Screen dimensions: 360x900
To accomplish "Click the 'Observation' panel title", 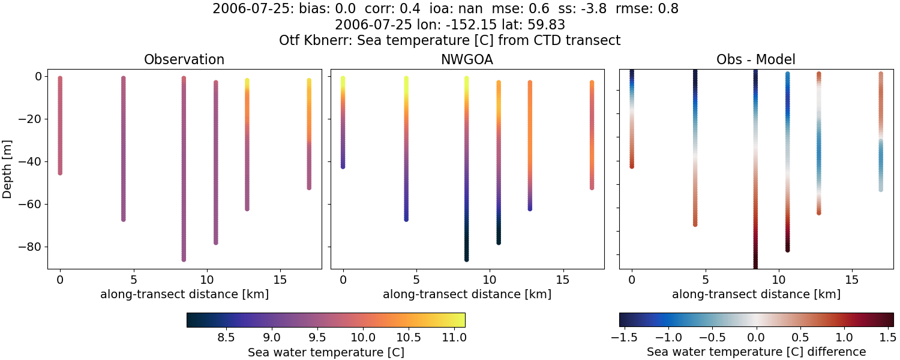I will pyautogui.click(x=184, y=59).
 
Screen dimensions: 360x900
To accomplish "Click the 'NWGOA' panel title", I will pyautogui.click(x=467, y=59).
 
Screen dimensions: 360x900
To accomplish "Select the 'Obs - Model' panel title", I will pyautogui.click(x=756, y=59).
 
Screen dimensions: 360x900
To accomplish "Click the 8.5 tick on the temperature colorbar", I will pyautogui.click(x=226, y=337).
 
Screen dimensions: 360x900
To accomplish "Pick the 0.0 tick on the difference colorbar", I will pyautogui.click(x=756, y=337).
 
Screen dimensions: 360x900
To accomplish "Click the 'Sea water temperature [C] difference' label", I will pyautogui.click(x=756, y=352).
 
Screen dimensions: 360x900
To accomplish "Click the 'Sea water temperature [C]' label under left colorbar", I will pyautogui.click(x=326, y=352).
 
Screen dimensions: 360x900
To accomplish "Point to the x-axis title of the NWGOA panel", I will pyautogui.click(x=467, y=295).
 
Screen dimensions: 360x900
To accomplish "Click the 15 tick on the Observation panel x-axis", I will pyautogui.click(x=280, y=280).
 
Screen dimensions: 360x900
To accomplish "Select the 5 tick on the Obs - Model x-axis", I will pyautogui.click(x=705, y=280).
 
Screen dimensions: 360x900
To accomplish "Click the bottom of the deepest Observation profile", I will pyautogui.click(x=184, y=259).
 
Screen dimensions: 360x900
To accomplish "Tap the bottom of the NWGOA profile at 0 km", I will pyautogui.click(x=343, y=166).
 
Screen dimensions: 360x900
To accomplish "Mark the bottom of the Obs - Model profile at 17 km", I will pyautogui.click(x=881, y=189).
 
